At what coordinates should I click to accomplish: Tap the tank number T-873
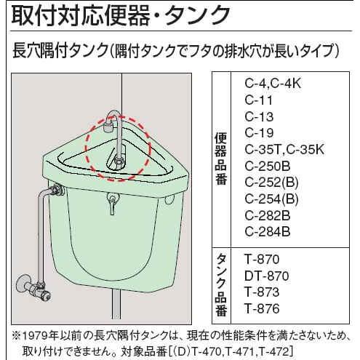click(x=263, y=292)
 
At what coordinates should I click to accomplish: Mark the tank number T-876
click(x=263, y=309)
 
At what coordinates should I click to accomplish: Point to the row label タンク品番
click(x=222, y=285)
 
